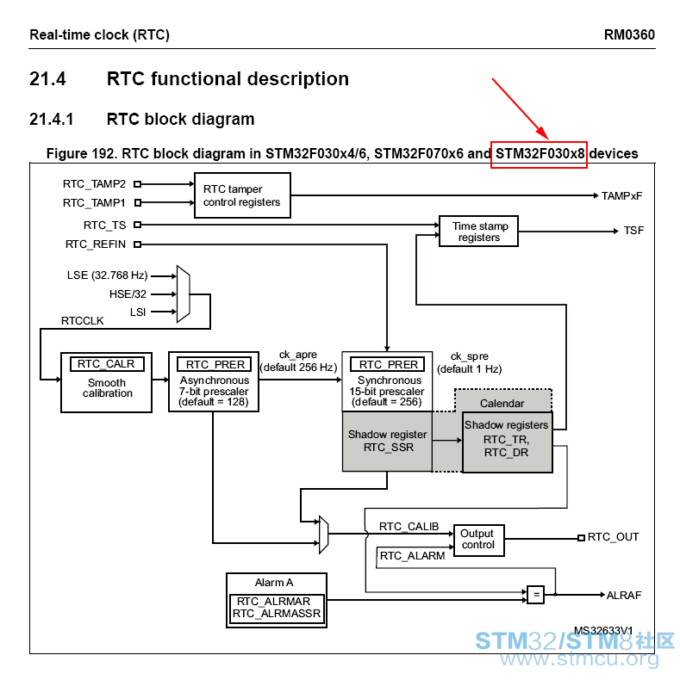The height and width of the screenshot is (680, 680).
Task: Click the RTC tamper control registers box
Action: pos(242,195)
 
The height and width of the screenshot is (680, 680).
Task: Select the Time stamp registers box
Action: pos(478,232)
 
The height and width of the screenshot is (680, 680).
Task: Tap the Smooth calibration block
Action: pos(106,382)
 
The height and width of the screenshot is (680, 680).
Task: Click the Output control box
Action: pos(479,540)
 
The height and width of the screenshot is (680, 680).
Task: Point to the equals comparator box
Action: pos(536,595)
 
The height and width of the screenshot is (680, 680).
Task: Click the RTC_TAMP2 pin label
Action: pos(94,184)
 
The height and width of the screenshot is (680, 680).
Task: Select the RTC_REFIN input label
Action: pos(96,244)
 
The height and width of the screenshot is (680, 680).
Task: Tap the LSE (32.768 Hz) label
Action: pos(107,275)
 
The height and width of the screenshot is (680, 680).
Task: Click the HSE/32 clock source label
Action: pos(128,294)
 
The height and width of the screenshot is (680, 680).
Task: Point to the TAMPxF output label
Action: pos(621,196)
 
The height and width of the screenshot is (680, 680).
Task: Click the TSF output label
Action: pos(633,231)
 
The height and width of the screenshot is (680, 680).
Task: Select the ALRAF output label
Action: pos(624,596)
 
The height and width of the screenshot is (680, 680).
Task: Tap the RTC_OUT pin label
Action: pos(613,537)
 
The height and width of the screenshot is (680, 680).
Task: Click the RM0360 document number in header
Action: pos(629,34)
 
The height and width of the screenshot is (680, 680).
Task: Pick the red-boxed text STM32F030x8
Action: pos(540,153)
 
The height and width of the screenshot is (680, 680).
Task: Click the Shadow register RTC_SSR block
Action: pos(387,441)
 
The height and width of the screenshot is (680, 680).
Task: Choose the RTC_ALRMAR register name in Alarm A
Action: pos(273,602)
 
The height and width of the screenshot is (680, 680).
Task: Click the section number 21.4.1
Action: pos(52,120)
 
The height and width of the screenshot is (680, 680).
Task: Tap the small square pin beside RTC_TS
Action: pos(137,225)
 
